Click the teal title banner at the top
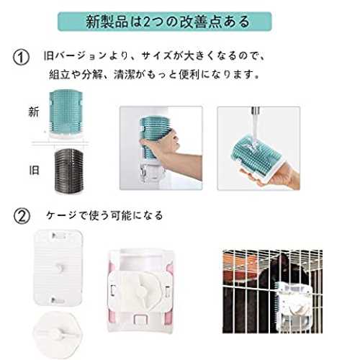tap(165, 22)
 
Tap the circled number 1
tap(21, 58)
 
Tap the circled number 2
tap(22, 216)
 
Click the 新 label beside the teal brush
tap(34, 112)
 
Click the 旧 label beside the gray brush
tap(34, 170)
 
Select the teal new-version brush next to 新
tap(66, 114)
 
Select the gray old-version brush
tap(69, 171)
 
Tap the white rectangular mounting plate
tap(58, 268)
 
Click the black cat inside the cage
tap(283, 274)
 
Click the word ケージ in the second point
tap(61, 215)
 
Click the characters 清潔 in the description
tap(124, 74)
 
